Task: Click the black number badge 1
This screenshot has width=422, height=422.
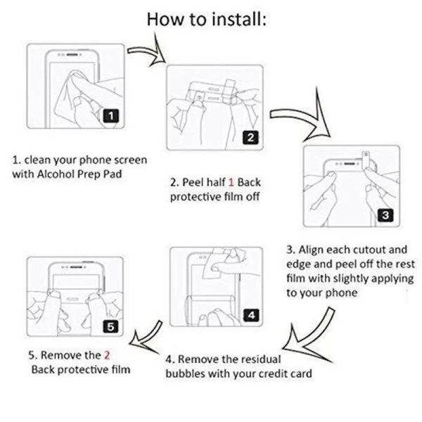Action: coord(111,116)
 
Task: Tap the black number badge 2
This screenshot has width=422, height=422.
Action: coord(250,137)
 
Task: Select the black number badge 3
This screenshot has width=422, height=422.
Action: coord(385,215)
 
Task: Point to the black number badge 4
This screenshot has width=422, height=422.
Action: coord(251,315)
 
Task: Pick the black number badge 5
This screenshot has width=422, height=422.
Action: coord(111,327)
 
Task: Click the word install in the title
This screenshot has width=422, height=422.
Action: coord(239,19)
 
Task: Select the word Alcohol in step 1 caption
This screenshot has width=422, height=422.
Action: coord(56,174)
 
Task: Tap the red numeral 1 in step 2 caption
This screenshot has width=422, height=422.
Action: coord(231,182)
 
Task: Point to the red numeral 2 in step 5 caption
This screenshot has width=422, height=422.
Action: coord(107,355)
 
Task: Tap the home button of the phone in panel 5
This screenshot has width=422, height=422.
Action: coord(72,299)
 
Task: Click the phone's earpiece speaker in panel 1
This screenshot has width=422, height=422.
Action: coord(72,55)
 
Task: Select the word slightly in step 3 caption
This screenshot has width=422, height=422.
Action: coord(350,279)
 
